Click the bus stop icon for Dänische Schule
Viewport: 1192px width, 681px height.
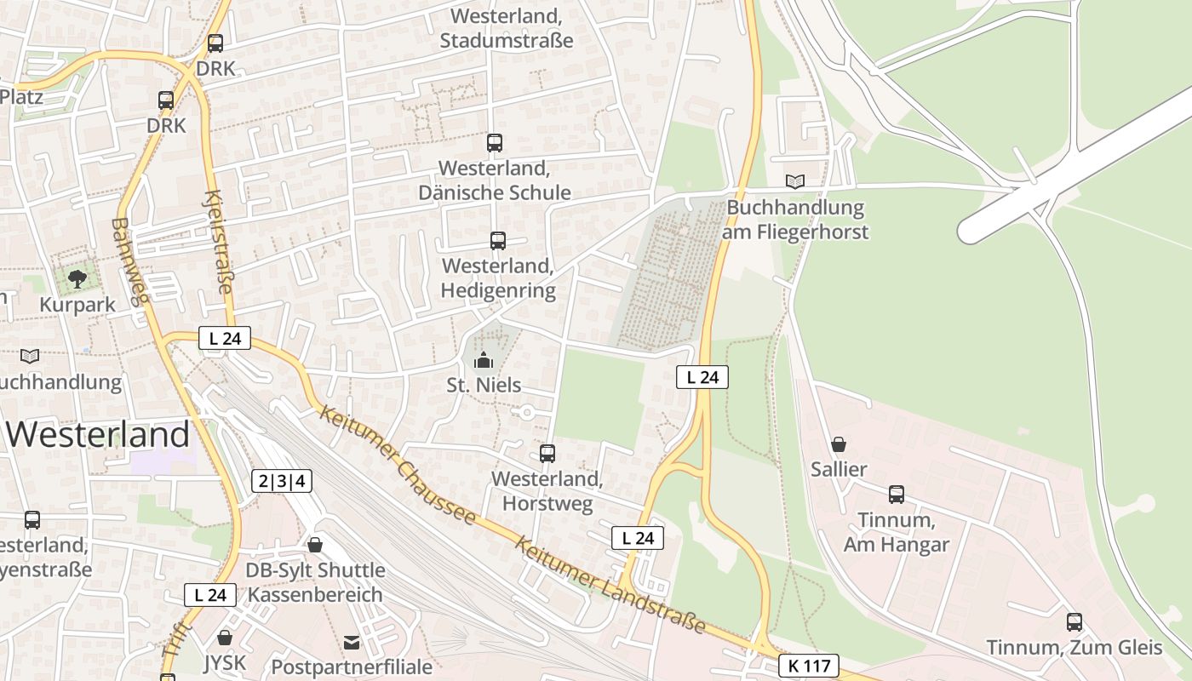click(495, 143)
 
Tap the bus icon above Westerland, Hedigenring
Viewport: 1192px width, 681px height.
click(498, 241)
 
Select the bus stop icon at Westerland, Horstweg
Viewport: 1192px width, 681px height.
click(547, 454)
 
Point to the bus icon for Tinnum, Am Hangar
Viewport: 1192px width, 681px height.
click(897, 495)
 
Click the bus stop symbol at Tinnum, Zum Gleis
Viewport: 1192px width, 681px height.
click(1075, 622)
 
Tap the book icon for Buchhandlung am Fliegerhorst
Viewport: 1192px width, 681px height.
click(795, 181)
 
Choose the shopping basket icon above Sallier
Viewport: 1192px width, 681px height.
click(839, 444)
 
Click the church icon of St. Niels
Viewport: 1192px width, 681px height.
click(484, 361)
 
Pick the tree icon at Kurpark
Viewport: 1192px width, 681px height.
click(77, 278)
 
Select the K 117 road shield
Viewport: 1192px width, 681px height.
click(808, 666)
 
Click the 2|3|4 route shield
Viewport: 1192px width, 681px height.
click(282, 481)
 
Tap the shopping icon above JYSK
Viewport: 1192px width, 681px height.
click(225, 638)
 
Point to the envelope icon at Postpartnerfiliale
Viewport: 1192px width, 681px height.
click(352, 642)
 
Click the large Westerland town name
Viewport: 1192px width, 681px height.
click(98, 435)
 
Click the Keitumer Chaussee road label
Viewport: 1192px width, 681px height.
click(397, 464)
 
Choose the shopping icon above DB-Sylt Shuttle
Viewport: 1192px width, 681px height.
click(315, 545)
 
